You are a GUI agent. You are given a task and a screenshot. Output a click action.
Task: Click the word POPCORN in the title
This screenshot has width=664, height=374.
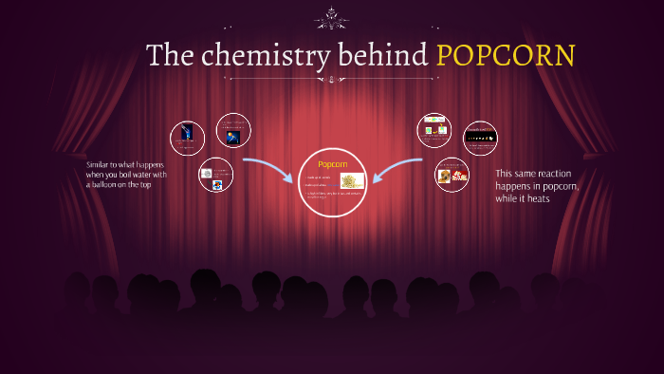click(506, 55)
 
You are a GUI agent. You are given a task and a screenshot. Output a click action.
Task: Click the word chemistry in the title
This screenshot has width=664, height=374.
click(255, 55)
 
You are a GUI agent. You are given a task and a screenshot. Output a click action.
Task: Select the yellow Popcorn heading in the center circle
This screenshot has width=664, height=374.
click(332, 164)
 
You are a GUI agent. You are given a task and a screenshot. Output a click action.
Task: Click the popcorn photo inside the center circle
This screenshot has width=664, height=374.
click(352, 181)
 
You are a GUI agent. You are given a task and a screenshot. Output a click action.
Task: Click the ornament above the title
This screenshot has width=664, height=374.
click(332, 16)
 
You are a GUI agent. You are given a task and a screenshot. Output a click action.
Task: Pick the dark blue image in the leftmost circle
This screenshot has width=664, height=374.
click(187, 134)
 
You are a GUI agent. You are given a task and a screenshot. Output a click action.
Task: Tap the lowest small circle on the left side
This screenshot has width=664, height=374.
click(216, 175)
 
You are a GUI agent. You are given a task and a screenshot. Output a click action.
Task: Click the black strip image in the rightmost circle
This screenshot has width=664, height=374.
click(480, 138)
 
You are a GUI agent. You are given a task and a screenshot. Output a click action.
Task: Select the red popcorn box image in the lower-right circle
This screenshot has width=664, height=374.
click(460, 176)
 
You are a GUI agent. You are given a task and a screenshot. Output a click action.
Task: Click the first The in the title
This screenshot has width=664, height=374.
click(171, 55)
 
